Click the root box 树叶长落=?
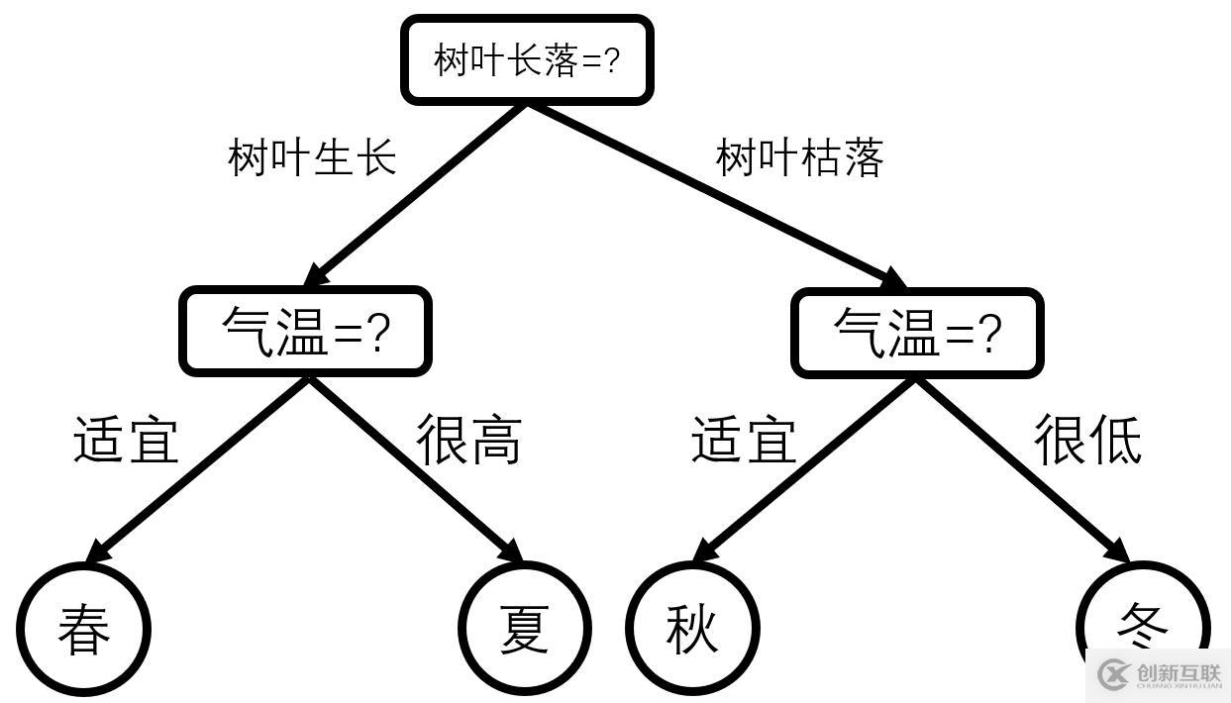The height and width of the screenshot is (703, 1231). click(526, 60)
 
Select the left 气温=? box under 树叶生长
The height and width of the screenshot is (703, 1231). click(305, 332)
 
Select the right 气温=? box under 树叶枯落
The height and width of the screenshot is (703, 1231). click(917, 333)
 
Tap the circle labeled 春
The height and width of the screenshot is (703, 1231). click(83, 628)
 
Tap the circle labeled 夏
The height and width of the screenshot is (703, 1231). click(525, 628)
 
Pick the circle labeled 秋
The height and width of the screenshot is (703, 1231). click(691, 628)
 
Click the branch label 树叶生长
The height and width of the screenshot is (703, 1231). click(312, 157)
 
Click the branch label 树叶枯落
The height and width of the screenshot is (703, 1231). click(799, 157)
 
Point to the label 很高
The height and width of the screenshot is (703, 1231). click(468, 439)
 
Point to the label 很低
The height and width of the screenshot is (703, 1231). click(1087, 439)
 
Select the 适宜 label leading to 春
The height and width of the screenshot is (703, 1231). click(126, 439)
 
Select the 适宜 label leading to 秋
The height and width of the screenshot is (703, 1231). click(743, 439)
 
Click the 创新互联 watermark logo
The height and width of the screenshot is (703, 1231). click(1159, 675)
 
